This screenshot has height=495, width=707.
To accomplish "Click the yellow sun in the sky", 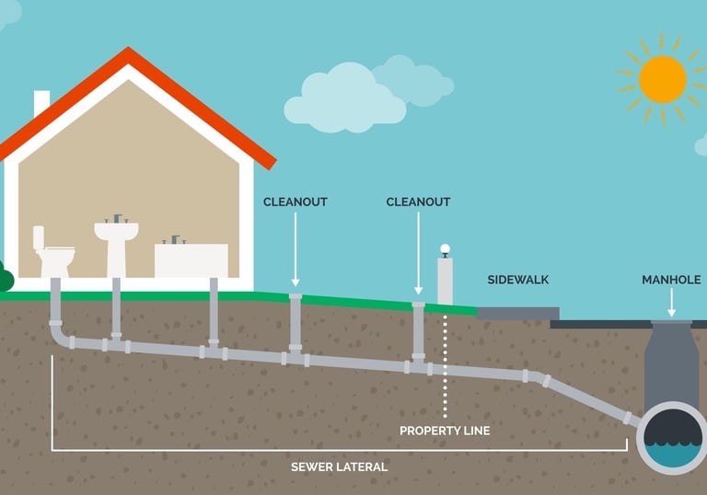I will (662, 79).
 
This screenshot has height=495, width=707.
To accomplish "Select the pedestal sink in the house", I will (116, 240).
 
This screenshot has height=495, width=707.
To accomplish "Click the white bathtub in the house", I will (191, 259).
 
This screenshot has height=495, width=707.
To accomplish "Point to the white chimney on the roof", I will (41, 103).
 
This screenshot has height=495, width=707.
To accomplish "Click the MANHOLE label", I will (670, 280).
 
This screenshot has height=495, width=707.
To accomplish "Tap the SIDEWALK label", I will (518, 280).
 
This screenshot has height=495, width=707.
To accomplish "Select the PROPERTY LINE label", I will (445, 431).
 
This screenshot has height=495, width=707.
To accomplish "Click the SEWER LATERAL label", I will (339, 466).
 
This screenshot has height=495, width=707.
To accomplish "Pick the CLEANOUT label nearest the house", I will (296, 201).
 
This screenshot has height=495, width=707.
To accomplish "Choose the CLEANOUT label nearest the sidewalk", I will (418, 201).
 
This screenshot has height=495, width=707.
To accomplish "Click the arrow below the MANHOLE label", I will (672, 302).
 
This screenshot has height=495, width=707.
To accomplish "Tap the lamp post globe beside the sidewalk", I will (445, 248).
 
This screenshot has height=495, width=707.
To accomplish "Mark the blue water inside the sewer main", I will (672, 452).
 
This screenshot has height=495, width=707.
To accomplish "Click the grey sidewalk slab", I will (518, 313).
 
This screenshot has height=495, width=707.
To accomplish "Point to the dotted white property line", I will (446, 368).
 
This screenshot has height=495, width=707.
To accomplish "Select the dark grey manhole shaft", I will (671, 363).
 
